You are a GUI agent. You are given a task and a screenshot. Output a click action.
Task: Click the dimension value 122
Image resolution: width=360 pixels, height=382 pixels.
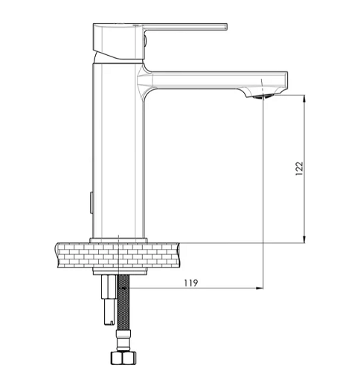coord(299,169)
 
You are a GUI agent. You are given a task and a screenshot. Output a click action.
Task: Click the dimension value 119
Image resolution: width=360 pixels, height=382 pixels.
coord(191,282)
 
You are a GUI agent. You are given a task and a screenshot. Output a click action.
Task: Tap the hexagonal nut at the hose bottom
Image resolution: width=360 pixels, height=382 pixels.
coord(123,358)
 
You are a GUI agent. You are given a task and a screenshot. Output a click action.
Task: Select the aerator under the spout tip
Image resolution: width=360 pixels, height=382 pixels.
coord(262,97)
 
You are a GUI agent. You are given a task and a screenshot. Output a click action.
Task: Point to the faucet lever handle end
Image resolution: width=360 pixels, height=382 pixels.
coord(225,27)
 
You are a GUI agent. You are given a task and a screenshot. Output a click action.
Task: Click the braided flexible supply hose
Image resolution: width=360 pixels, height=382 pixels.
coord(123,302)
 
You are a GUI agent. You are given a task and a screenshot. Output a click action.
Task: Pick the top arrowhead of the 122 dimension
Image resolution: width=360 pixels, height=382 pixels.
coord(304,98)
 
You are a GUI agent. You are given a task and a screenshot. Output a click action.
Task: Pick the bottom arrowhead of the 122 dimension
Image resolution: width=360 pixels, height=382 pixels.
coord(304,239)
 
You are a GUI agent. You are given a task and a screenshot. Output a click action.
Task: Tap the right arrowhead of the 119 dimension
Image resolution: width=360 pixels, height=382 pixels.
coord(260,288)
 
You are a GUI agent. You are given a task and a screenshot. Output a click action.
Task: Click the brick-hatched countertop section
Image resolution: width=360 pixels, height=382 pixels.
coord(118,255)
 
